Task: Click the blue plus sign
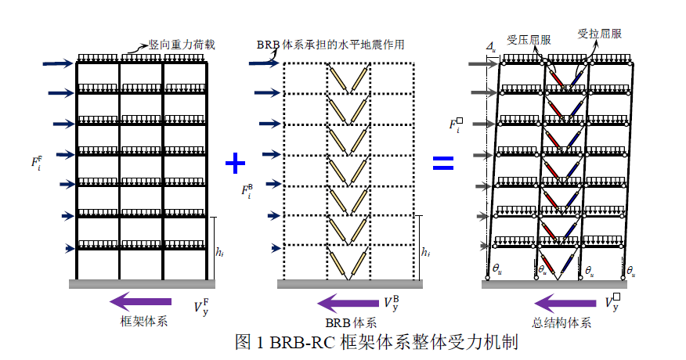point(236,163)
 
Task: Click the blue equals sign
point(443,163)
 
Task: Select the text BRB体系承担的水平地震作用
point(330,45)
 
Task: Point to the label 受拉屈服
point(600,34)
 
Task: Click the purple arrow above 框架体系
point(140,301)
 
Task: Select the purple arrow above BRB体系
point(348,301)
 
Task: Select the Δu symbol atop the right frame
point(490,49)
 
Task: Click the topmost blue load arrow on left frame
point(60,64)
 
